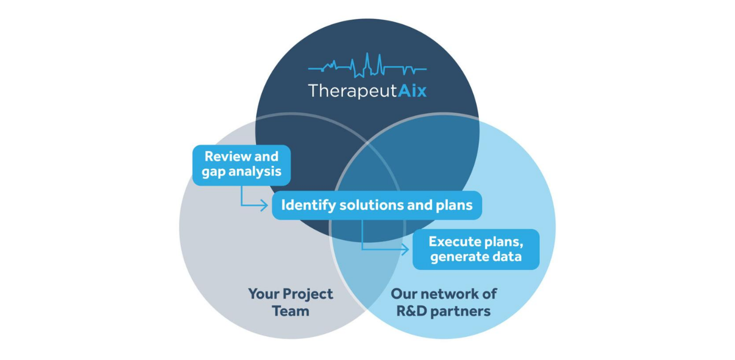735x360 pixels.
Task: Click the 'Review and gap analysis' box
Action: click(241, 165)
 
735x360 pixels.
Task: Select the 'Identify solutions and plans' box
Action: click(377, 205)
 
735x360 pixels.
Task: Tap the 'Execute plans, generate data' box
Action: click(476, 249)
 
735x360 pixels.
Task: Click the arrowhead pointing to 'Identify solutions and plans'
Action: click(264, 206)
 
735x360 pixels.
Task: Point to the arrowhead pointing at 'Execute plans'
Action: click(405, 249)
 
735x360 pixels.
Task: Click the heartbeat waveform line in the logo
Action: click(367, 66)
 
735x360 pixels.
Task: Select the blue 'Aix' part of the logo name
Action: click(412, 90)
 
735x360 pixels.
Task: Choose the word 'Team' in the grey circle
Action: click(291, 311)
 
